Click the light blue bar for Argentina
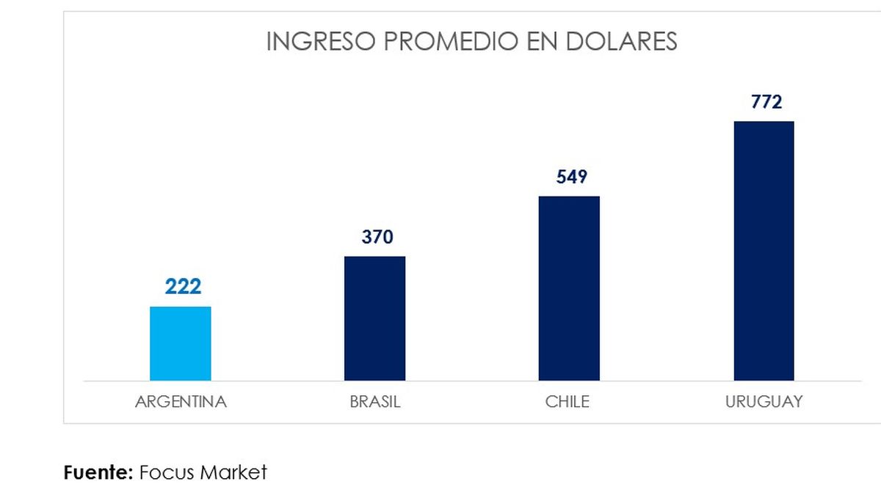click(181, 343)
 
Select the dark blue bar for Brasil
click(374, 318)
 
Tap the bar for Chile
click(569, 288)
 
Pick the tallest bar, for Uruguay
click(764, 251)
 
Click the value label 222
click(183, 286)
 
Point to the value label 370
click(377, 237)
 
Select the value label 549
click(572, 177)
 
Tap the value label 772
click(766, 101)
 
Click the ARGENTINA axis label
click(181, 402)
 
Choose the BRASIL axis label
click(375, 402)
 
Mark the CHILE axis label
click(568, 402)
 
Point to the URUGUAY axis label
click(764, 402)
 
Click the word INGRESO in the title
click(318, 42)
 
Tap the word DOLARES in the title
click(622, 42)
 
